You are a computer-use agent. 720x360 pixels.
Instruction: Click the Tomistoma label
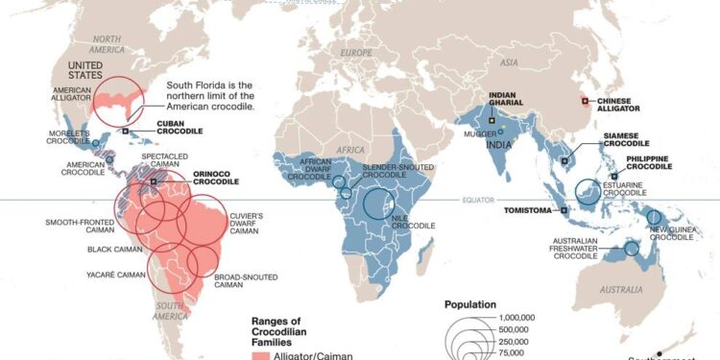(532, 209)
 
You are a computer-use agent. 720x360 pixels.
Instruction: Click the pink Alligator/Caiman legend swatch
(259, 355)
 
